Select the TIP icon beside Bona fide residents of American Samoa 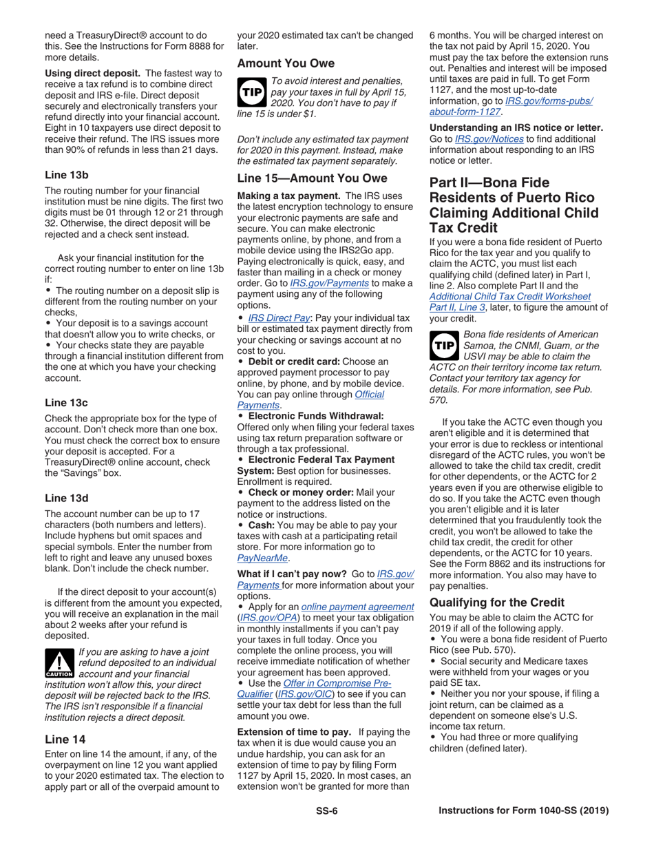point(443,346)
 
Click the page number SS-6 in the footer point(326,811)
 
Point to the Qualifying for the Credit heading point(496,601)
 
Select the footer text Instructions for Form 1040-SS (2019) point(524,811)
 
